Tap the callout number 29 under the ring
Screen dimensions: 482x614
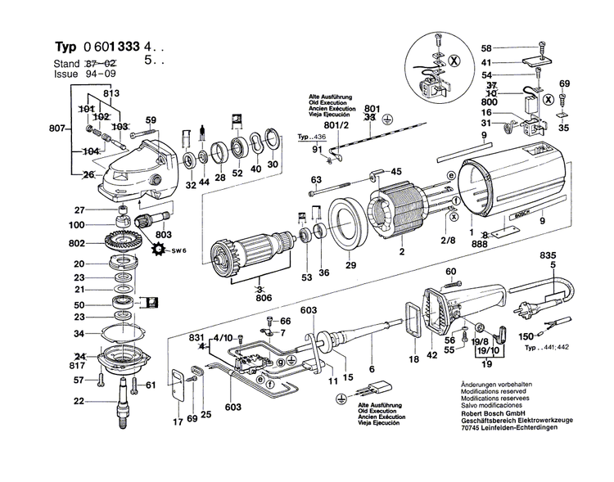[350, 266]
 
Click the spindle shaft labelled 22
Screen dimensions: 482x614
[125, 400]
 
